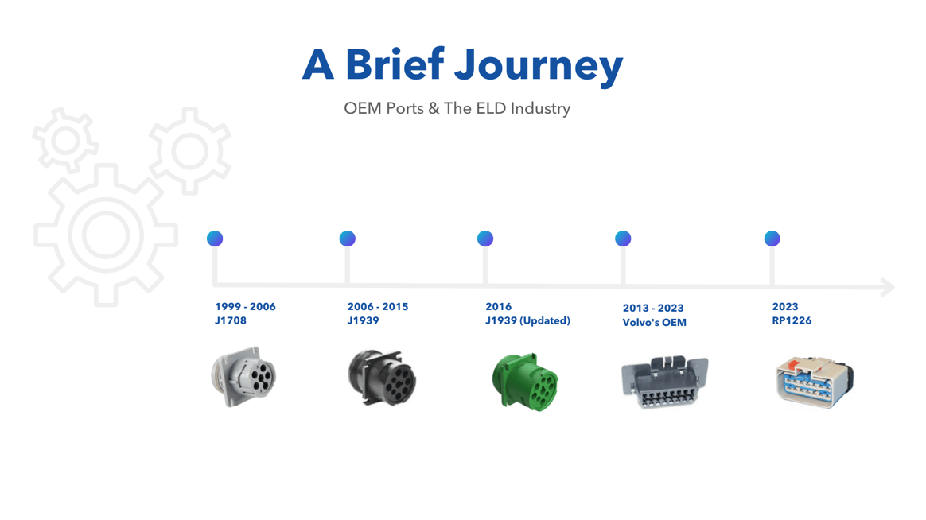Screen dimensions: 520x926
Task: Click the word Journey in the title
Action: (539, 65)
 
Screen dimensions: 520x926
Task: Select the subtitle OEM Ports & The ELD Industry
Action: (457, 108)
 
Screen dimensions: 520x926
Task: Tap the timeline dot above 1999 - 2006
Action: (215, 239)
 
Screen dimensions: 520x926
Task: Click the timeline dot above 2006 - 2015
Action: (347, 239)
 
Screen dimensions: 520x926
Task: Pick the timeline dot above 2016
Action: (485, 239)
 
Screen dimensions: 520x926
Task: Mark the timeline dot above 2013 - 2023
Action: (623, 239)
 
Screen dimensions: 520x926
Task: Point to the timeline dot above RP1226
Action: (772, 239)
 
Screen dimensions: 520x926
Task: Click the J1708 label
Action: (231, 321)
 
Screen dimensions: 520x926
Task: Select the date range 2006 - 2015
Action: (377, 307)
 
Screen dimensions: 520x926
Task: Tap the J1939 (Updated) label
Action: (527, 321)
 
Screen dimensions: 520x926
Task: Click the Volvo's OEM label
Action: (654, 323)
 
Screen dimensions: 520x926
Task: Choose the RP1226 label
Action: (792, 321)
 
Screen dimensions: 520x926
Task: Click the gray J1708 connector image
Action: (243, 377)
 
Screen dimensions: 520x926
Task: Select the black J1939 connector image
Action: (382, 378)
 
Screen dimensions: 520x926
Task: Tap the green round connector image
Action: (525, 382)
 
